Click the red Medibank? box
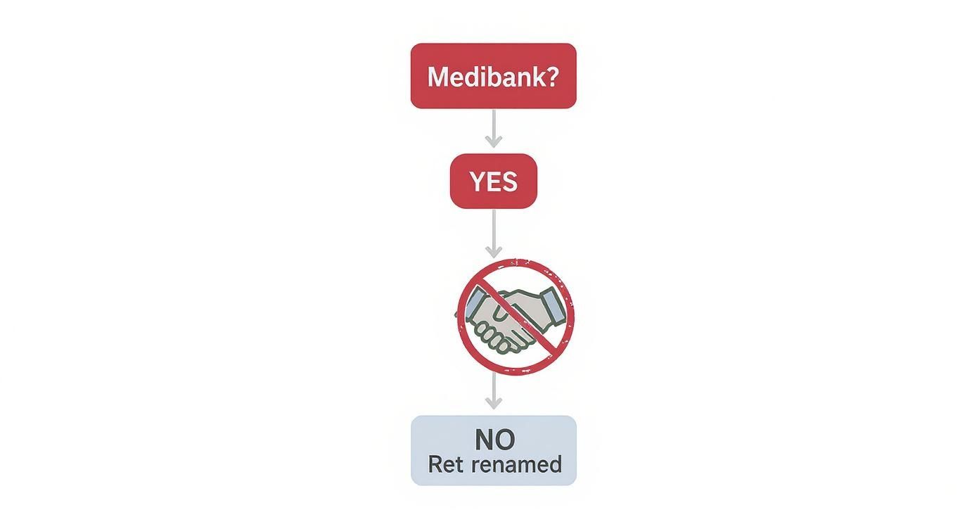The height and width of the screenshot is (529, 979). (x=494, y=76)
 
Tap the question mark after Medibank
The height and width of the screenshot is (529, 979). (x=551, y=77)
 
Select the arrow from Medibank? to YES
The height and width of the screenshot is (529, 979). (x=494, y=129)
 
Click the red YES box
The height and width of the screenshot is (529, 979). (x=494, y=181)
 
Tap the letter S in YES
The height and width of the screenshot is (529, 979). (x=510, y=181)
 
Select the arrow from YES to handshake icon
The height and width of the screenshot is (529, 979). (x=494, y=234)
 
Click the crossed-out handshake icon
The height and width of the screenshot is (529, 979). (x=516, y=317)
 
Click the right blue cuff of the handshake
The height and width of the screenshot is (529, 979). (x=554, y=308)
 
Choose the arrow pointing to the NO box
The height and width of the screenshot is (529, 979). (x=494, y=390)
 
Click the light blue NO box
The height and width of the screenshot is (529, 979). (x=494, y=450)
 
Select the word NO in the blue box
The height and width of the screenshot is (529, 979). (x=494, y=440)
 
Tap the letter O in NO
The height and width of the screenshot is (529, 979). (x=505, y=440)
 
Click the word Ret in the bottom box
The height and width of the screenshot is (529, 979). (x=446, y=464)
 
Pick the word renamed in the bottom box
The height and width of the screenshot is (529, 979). (x=517, y=465)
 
